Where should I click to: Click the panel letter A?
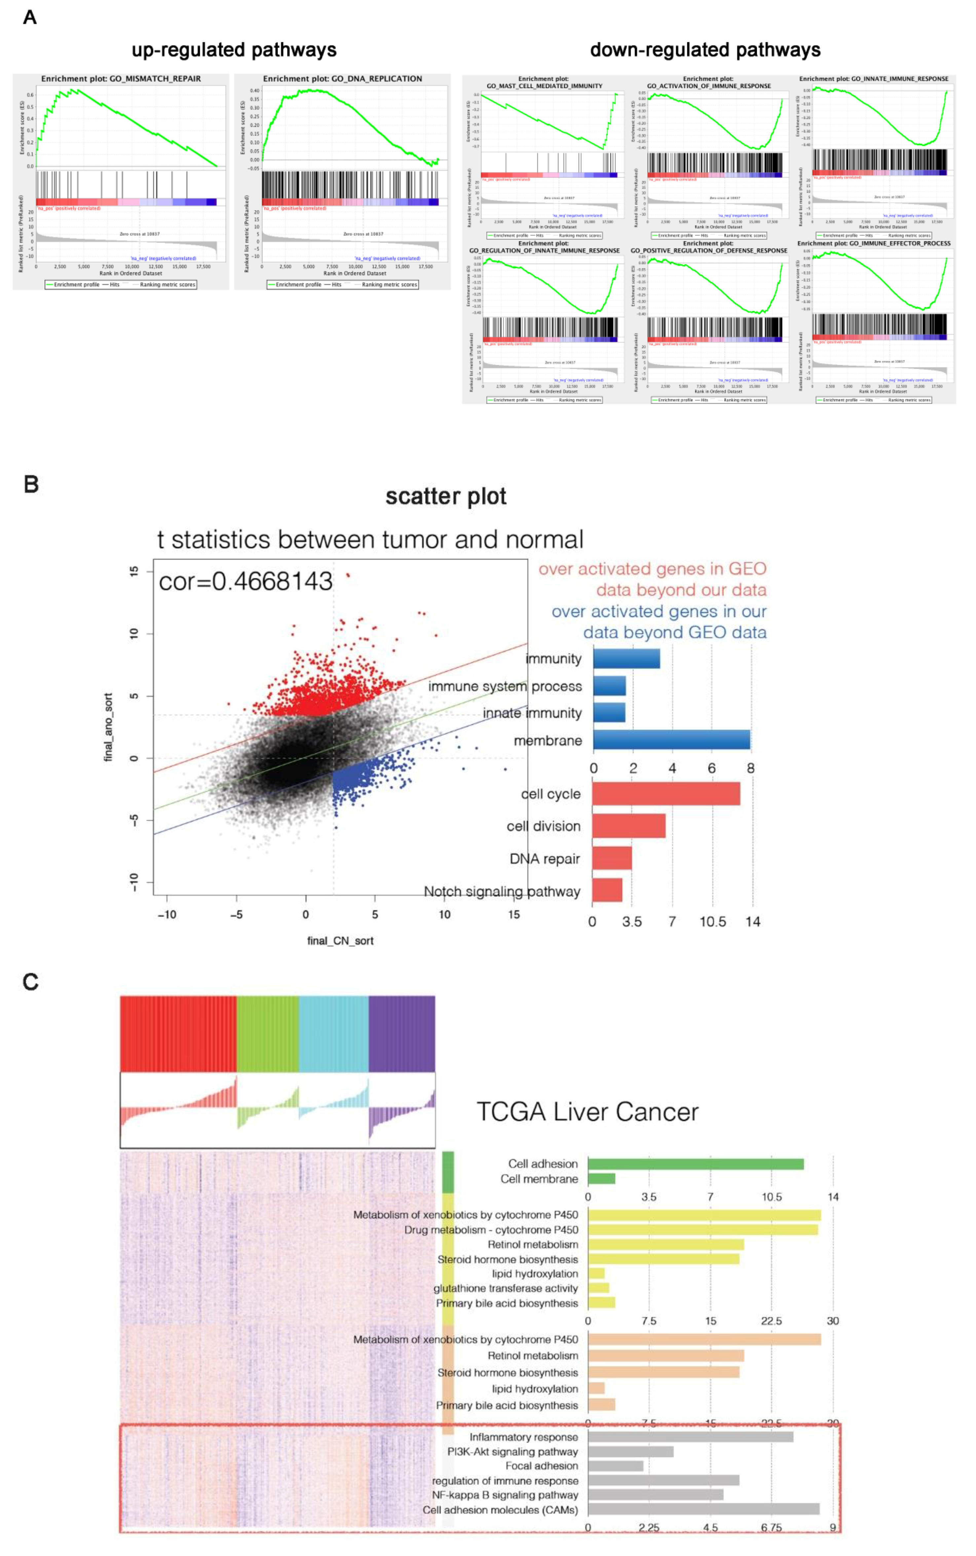coord(30,18)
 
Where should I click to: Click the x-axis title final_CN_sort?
coord(340,940)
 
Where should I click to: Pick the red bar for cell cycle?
coord(665,793)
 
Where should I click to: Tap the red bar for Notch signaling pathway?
coord(607,890)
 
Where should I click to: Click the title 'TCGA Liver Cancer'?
coord(587,1111)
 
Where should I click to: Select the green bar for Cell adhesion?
coord(695,1164)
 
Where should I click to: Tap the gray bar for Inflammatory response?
coord(690,1437)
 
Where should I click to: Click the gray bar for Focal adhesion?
coord(615,1466)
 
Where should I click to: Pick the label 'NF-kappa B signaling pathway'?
coord(505,1495)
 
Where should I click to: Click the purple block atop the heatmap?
coord(401,1033)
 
